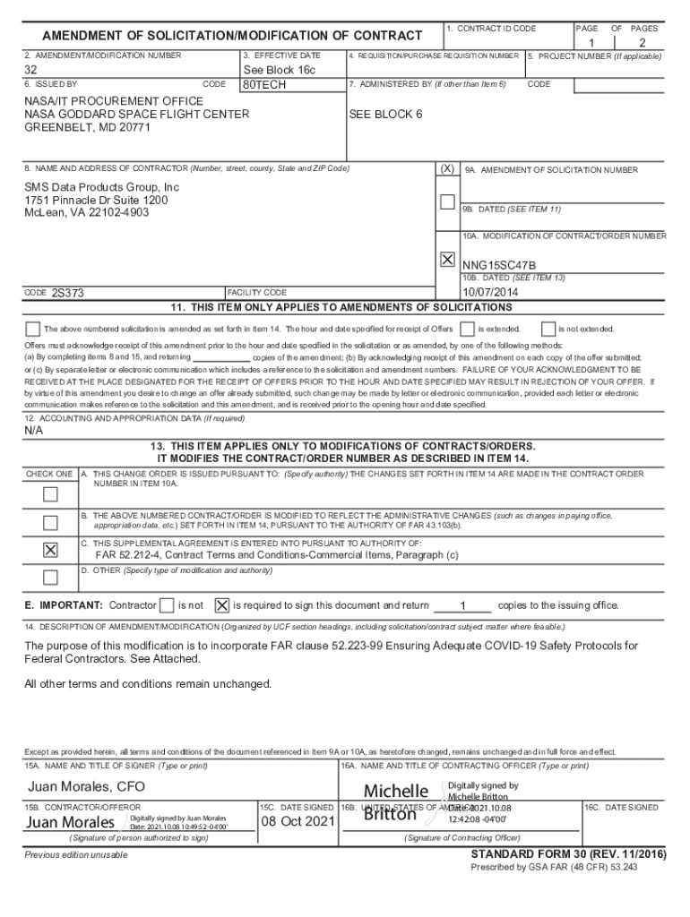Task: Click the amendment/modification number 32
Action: coord(30,71)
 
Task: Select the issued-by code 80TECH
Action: coord(265,85)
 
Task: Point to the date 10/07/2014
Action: coord(488,291)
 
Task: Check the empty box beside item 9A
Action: coord(447,201)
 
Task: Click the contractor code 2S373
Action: coord(68,293)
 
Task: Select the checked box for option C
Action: coord(51,550)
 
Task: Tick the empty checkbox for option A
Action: coord(51,494)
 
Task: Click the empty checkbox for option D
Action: coord(51,577)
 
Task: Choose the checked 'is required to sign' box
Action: coord(222,605)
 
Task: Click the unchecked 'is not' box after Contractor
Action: coord(166,605)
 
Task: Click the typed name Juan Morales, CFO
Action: coord(86,787)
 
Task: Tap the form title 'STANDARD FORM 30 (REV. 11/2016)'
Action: coord(568,855)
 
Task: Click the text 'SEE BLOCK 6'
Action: coord(385,115)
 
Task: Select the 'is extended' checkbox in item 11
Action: coord(467,329)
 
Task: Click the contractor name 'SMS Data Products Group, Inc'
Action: coord(101,187)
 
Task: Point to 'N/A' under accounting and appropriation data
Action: coord(34,431)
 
